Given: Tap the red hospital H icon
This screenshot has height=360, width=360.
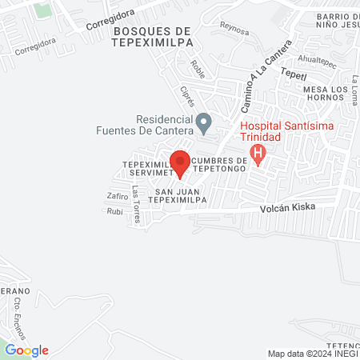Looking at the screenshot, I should (x=258, y=153).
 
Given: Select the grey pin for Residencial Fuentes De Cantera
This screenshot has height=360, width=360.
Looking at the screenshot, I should (x=204, y=123).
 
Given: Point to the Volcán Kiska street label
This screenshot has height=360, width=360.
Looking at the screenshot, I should (x=287, y=206).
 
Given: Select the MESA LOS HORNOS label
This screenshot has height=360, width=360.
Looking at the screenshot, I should (x=329, y=94).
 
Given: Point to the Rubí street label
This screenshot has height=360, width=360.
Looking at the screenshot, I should (x=114, y=211).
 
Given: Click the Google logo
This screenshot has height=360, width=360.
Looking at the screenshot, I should (x=26, y=350).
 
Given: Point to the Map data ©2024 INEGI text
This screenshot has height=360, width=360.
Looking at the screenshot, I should (x=312, y=354).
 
